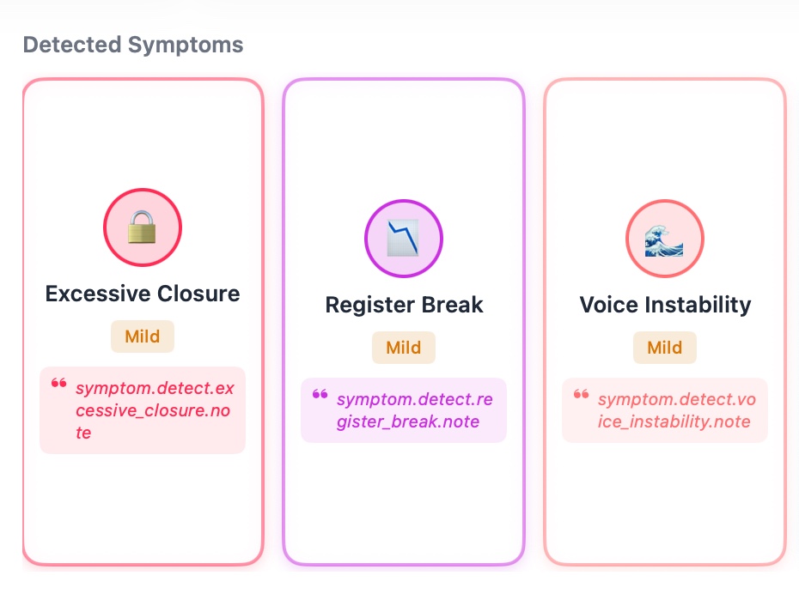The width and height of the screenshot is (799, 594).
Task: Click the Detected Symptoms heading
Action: click(133, 45)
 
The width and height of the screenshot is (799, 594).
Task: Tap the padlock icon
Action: click(143, 227)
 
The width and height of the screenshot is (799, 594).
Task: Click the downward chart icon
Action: click(403, 239)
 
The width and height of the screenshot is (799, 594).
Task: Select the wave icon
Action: click(664, 239)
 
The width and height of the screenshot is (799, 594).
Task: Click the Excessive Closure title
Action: click(143, 294)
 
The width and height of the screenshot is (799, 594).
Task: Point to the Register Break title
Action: click(404, 305)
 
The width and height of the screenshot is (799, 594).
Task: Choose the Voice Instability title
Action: click(665, 305)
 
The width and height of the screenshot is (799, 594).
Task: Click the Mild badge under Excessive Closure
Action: click(143, 336)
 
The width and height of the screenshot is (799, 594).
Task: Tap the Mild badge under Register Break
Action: click(404, 348)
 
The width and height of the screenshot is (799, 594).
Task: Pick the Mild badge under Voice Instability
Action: click(665, 348)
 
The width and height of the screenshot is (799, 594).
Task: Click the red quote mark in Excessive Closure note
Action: click(58, 384)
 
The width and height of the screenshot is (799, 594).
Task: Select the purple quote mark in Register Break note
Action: click(320, 395)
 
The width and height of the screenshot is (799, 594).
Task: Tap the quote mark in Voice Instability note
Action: click(581, 395)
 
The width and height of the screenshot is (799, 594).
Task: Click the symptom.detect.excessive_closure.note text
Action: click(155, 410)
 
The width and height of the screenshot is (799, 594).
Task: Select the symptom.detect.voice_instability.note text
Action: click(675, 410)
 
